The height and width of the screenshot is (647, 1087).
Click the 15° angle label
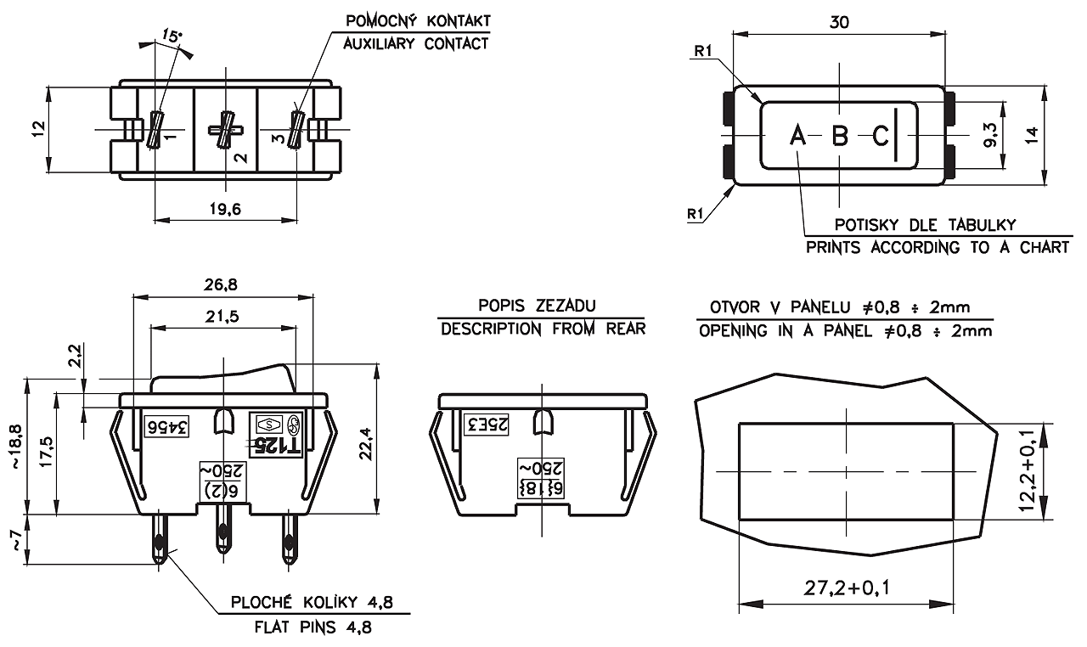(x=172, y=37)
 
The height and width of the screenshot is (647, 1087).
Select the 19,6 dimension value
(x=224, y=210)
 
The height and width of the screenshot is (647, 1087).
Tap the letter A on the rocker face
(x=797, y=135)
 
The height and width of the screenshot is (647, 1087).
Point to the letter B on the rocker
(x=839, y=135)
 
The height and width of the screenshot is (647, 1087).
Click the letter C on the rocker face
(x=881, y=135)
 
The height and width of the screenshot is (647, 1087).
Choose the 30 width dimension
(x=839, y=23)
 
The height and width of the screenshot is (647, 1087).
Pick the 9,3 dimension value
(x=990, y=135)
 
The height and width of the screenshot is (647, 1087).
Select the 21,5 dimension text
(x=222, y=316)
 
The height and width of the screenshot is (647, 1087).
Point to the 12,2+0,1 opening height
(x=1028, y=471)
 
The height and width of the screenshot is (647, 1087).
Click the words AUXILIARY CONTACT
(x=415, y=43)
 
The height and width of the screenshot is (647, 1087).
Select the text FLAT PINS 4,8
(x=313, y=628)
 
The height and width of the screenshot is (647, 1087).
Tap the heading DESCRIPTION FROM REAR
(x=543, y=329)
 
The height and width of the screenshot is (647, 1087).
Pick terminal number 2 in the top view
(x=239, y=157)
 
